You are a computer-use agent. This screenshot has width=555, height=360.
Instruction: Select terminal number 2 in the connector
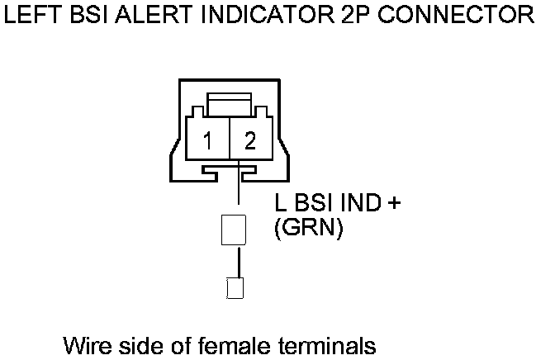[250, 141]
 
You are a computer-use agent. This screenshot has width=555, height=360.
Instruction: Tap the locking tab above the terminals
[229, 106]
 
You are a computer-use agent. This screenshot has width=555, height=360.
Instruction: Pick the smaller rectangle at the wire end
[235, 288]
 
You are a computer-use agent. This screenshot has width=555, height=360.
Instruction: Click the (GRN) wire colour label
[308, 229]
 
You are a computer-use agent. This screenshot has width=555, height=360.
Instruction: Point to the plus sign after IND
[393, 204]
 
